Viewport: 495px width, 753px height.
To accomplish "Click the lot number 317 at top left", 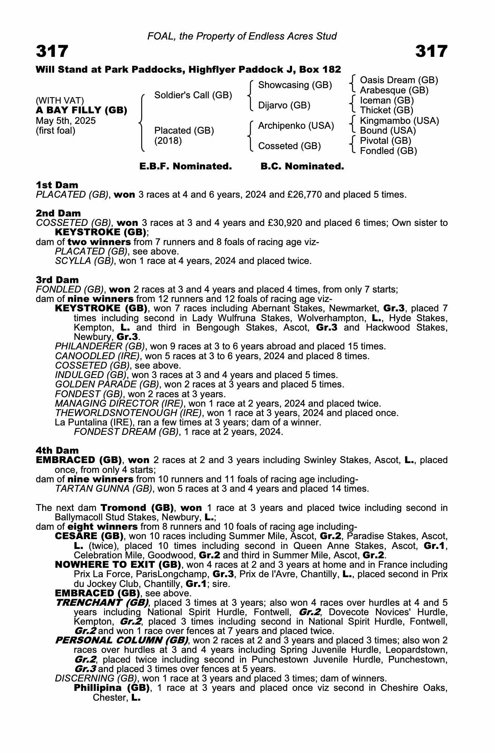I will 52,51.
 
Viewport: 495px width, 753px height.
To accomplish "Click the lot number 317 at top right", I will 431,51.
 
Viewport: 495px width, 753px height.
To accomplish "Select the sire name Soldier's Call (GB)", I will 193,95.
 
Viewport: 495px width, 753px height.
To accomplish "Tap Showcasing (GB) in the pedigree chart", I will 295,85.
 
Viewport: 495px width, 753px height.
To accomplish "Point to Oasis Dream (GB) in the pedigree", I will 399,80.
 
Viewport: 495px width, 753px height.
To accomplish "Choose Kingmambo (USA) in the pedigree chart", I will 399,121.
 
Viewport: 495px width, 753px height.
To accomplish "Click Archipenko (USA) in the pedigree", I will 296,126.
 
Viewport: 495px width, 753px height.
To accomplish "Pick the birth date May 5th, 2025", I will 66,121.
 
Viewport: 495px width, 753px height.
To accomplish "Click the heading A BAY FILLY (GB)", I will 81,110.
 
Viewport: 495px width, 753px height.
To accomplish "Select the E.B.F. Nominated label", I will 186,166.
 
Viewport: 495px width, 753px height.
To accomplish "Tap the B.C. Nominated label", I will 302,166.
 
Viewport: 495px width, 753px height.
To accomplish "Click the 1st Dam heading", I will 57,185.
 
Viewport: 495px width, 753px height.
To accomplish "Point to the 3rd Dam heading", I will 58,280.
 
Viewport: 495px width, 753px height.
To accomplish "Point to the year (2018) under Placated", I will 168,141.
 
